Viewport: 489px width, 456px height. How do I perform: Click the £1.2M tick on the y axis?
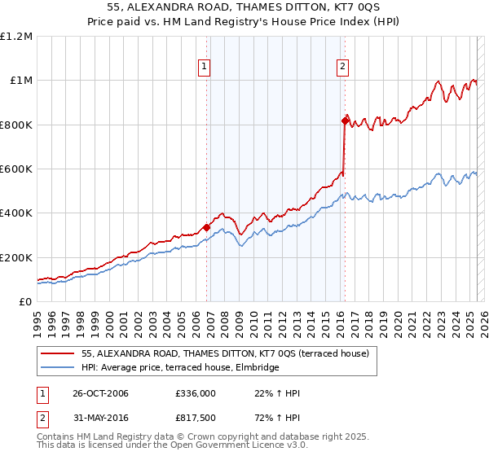coord(16,37)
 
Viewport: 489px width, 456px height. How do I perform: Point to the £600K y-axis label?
coord(16,169)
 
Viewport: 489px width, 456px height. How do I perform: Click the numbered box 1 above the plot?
coord(203,68)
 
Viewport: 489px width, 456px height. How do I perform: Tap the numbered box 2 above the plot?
coord(342,68)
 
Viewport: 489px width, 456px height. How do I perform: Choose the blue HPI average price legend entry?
coord(180,368)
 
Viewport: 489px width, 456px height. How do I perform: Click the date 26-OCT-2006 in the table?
coord(100,393)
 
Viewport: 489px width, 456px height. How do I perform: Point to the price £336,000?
coord(195,393)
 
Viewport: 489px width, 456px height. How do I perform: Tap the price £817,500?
coord(195,416)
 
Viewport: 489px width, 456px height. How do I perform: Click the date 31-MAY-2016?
coord(99,416)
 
